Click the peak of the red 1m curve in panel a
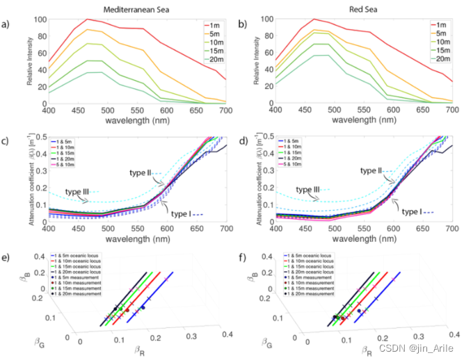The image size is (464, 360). pyautogui.click(x=86, y=19)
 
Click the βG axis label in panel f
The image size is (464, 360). pyautogui.click(x=268, y=322)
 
